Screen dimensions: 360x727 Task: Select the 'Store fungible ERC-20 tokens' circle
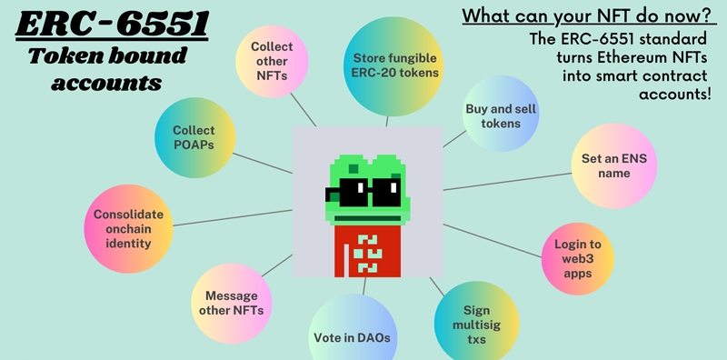pyautogui.click(x=395, y=65)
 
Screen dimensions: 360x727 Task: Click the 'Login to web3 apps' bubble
pyautogui.click(x=578, y=257)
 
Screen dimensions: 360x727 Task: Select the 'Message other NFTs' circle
pyautogui.click(x=232, y=304)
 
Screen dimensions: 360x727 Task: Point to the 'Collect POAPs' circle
pyautogui.click(x=195, y=137)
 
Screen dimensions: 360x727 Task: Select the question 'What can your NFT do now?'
pyautogui.click(x=586, y=16)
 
